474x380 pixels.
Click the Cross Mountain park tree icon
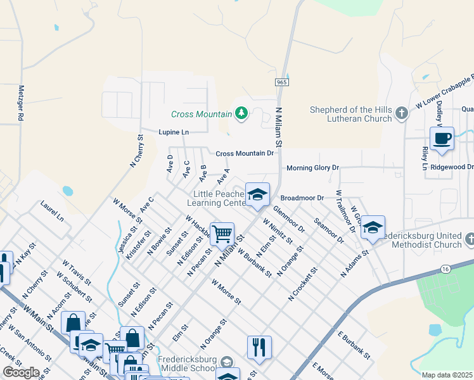pos(241,114)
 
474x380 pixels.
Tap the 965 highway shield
pos(282,83)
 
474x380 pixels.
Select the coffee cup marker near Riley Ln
pos(442,139)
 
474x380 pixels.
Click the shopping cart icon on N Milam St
pos(222,234)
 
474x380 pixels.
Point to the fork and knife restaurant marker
pos(259,346)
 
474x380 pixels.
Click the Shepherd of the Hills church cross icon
pos(400,114)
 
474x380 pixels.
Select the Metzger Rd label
pos(21,103)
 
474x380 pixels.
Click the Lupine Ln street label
pos(174,132)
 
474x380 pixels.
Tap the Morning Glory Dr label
pos(313,168)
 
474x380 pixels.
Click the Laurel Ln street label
pos(52,211)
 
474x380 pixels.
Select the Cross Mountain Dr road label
pos(245,153)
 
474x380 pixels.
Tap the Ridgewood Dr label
pos(452,167)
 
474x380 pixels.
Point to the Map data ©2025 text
pos(447,375)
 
